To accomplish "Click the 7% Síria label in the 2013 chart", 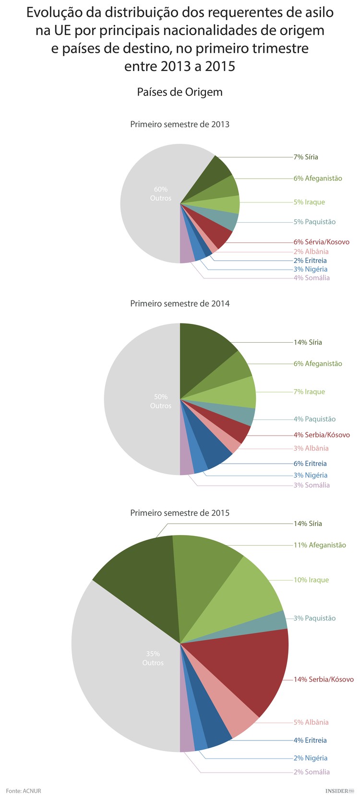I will [x=306, y=157].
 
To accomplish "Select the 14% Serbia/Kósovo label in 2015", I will [x=324, y=680].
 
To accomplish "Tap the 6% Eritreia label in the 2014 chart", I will [x=310, y=464].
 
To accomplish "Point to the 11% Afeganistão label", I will [x=320, y=545].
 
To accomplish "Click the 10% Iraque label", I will [x=311, y=580].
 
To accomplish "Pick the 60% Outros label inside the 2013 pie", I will [x=160, y=194].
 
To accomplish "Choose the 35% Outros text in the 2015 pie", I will [x=153, y=658].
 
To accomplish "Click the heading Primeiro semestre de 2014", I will [x=180, y=303].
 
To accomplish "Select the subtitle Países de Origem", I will [x=180, y=92].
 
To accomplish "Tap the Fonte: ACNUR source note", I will [x=24, y=791].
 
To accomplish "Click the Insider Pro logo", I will [x=339, y=790].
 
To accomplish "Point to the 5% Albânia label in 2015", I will [x=311, y=722].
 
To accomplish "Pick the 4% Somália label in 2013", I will [x=312, y=278].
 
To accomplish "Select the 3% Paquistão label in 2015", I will [x=314, y=618].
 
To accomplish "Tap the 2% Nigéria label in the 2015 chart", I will [x=311, y=758].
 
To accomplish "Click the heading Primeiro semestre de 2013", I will [x=180, y=124].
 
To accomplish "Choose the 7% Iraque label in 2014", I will [x=309, y=392].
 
